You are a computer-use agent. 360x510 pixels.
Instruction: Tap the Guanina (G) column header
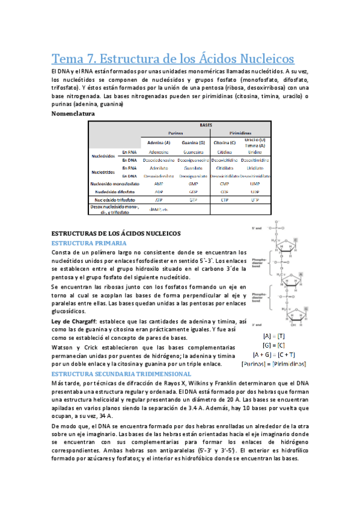pos(194,143)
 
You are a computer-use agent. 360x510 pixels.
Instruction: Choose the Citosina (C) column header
pos(224,143)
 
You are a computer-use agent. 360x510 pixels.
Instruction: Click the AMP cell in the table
pos(159,183)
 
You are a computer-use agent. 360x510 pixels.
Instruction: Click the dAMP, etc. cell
pos(159,209)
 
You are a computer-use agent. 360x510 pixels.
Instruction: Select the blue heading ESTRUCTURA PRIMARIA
pos(85,242)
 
